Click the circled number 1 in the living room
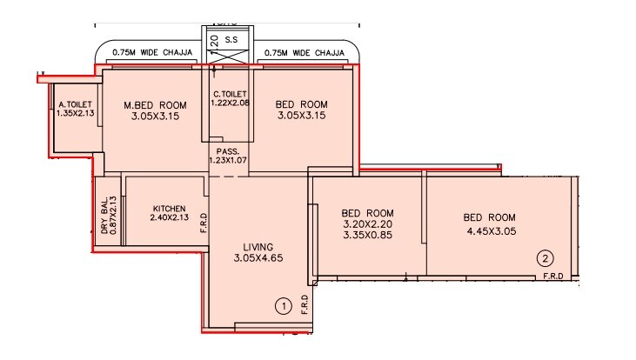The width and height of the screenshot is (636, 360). pyautogui.click(x=282, y=305)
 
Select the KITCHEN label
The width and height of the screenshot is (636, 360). pyautogui.click(x=170, y=210)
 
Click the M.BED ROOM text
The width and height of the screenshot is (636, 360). pyautogui.click(x=155, y=105)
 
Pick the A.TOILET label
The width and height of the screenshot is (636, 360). pyautogui.click(x=74, y=103)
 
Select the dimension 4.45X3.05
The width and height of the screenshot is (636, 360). pyautogui.click(x=489, y=230)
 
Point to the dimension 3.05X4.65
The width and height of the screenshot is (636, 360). pyautogui.click(x=258, y=258)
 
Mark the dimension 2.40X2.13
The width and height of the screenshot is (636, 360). pyautogui.click(x=170, y=219)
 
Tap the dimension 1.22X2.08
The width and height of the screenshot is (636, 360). pyautogui.click(x=230, y=103)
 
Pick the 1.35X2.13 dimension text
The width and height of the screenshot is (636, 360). pyautogui.click(x=74, y=112)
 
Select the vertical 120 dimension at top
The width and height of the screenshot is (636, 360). pyautogui.click(x=212, y=43)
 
